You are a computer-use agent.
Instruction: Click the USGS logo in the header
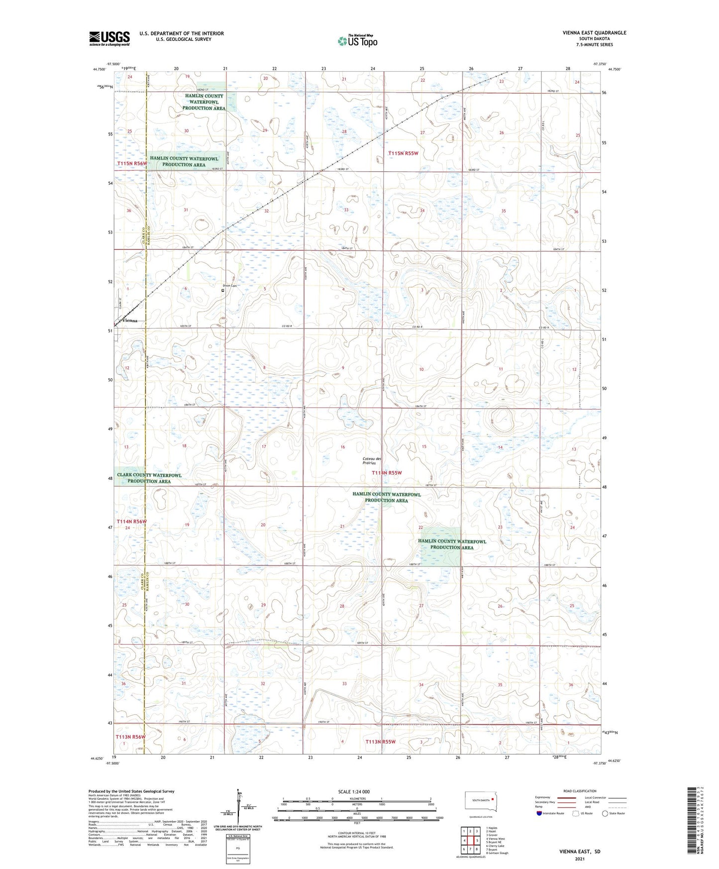click(109, 38)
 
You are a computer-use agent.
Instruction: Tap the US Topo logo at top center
click(357, 40)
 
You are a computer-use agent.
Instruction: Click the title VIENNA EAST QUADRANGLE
click(594, 33)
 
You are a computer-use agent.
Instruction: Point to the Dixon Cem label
click(229, 286)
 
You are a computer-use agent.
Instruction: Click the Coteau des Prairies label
click(372, 460)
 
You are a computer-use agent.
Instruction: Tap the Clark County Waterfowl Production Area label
click(149, 478)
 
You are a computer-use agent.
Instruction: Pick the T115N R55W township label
click(403, 153)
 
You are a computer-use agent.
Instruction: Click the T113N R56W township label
click(131, 737)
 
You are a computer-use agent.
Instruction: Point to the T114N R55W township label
click(386, 473)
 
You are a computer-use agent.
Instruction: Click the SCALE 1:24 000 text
click(354, 791)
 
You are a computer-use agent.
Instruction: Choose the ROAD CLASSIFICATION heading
click(580, 791)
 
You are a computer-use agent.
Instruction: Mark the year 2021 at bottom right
click(580, 859)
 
